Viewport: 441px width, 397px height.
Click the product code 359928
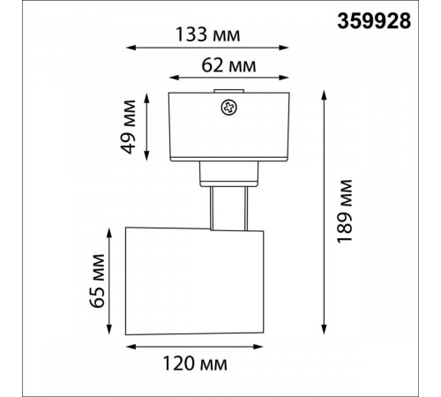pos(374,21)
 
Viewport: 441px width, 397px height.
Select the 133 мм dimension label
pos(207,34)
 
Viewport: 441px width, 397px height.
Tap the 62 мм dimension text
pos(228,65)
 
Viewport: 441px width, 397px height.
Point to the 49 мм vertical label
pos(129,127)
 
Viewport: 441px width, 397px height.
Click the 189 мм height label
pos(344,211)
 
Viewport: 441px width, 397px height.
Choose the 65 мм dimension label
pos(97,281)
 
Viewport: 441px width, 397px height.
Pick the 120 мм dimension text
pos(195,363)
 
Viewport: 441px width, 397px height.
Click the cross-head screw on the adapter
pos(229,108)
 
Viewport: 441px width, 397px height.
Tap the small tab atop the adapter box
pos(229,91)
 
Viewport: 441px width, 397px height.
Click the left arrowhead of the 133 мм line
pos(131,48)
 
